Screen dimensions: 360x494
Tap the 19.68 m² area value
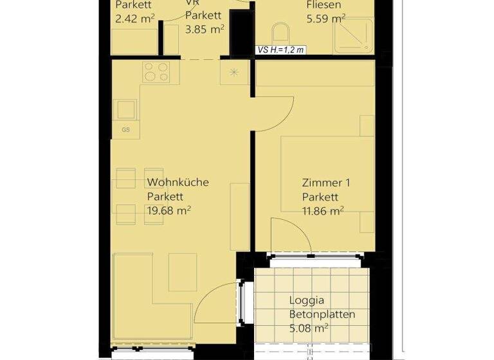(170, 210)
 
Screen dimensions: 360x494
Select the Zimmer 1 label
(326, 183)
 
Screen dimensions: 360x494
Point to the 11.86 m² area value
(322, 210)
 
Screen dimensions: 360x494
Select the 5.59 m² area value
(326, 19)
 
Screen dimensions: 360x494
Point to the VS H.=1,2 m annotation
(280, 49)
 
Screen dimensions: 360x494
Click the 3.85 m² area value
(205, 29)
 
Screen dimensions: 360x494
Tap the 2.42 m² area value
(134, 19)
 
